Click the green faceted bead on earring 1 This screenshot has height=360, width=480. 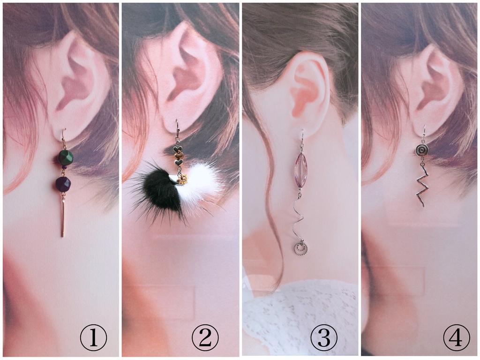click(x=66, y=157)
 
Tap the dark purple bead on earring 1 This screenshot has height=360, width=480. click(x=63, y=184)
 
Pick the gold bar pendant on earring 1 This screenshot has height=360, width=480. click(x=63, y=217)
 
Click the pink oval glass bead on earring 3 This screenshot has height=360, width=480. click(x=299, y=170)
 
